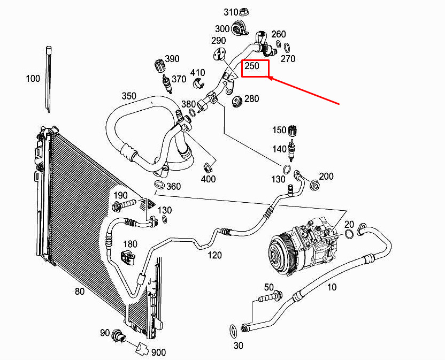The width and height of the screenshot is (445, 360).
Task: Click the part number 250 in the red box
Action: click(252, 66)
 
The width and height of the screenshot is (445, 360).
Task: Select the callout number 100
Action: click(33, 79)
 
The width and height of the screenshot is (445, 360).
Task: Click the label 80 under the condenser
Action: click(80, 292)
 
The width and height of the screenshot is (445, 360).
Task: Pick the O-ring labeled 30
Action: click(234, 328)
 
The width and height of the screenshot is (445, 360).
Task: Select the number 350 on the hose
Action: click(129, 96)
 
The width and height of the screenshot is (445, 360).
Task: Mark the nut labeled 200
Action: click(315, 186)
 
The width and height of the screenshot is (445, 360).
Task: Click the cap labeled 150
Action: click(292, 132)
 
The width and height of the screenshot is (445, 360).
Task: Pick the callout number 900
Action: click(158, 352)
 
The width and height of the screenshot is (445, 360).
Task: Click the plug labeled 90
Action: click(118, 337)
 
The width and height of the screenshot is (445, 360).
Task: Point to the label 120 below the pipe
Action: click(214, 255)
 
